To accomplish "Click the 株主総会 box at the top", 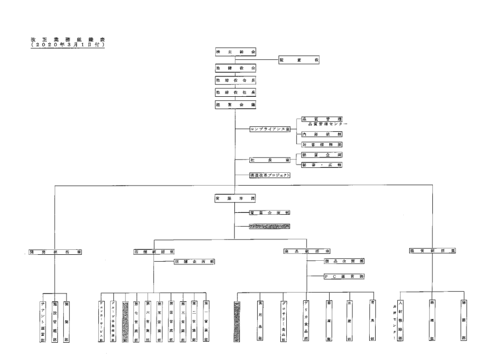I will click(236, 52).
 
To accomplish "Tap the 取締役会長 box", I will click(236, 80).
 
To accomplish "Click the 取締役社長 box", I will click(236, 92).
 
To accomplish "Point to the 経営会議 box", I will click(236, 105).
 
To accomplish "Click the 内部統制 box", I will click(321, 134).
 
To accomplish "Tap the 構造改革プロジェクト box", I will click(269, 175).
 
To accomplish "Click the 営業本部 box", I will click(236, 198).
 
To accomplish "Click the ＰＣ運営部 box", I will click(344, 277).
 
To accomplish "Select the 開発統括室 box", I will click(55, 251).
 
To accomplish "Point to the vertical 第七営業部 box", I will click(136, 318).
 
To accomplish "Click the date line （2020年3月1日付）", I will click(69, 45).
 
